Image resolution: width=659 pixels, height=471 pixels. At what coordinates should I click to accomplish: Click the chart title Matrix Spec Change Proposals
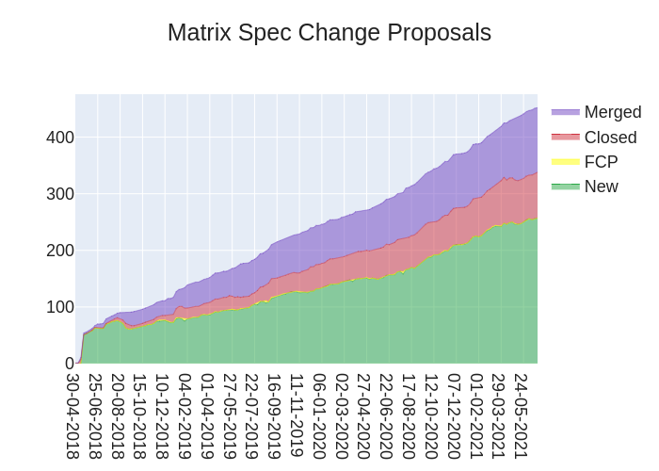(x=329, y=33)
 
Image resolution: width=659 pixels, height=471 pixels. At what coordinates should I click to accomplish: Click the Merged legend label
(x=612, y=112)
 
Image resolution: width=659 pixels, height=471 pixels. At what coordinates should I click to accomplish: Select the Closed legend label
(x=610, y=138)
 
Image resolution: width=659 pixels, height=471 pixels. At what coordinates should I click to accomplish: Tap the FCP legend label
(x=601, y=162)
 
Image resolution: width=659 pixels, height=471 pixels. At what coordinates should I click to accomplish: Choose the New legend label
(x=601, y=187)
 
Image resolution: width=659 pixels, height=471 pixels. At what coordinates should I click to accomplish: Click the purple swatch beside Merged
(x=566, y=112)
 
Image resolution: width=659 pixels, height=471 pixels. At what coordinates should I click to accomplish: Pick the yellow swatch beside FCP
(x=566, y=162)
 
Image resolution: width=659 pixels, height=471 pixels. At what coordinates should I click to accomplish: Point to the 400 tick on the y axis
(x=60, y=138)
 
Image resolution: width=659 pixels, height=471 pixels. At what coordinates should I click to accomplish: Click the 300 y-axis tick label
(x=60, y=194)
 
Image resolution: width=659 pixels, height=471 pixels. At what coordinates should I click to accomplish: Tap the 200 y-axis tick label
(x=60, y=251)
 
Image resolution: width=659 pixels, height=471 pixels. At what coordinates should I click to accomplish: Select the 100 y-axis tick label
(x=60, y=307)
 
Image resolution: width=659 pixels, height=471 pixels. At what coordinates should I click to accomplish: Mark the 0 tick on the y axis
(x=69, y=364)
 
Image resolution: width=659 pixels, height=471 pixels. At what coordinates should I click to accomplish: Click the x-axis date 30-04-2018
(x=72, y=415)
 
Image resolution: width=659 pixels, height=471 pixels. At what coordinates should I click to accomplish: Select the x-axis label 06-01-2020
(x=320, y=415)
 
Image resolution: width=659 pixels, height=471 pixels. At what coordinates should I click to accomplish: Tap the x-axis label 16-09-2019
(x=275, y=415)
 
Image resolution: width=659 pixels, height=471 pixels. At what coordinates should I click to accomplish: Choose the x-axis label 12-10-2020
(x=432, y=415)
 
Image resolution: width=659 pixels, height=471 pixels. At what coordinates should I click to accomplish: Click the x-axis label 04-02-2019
(x=185, y=415)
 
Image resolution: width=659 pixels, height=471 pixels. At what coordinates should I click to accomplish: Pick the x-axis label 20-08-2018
(x=118, y=415)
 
